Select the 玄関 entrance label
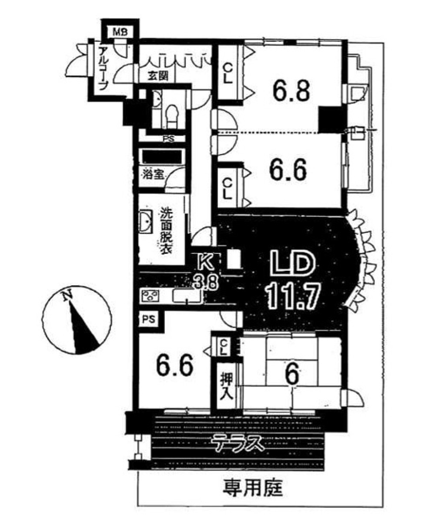click(158, 76)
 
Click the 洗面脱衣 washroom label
click(166, 231)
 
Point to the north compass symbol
click(77, 320)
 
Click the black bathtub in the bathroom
click(162, 156)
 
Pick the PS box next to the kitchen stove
click(149, 320)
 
